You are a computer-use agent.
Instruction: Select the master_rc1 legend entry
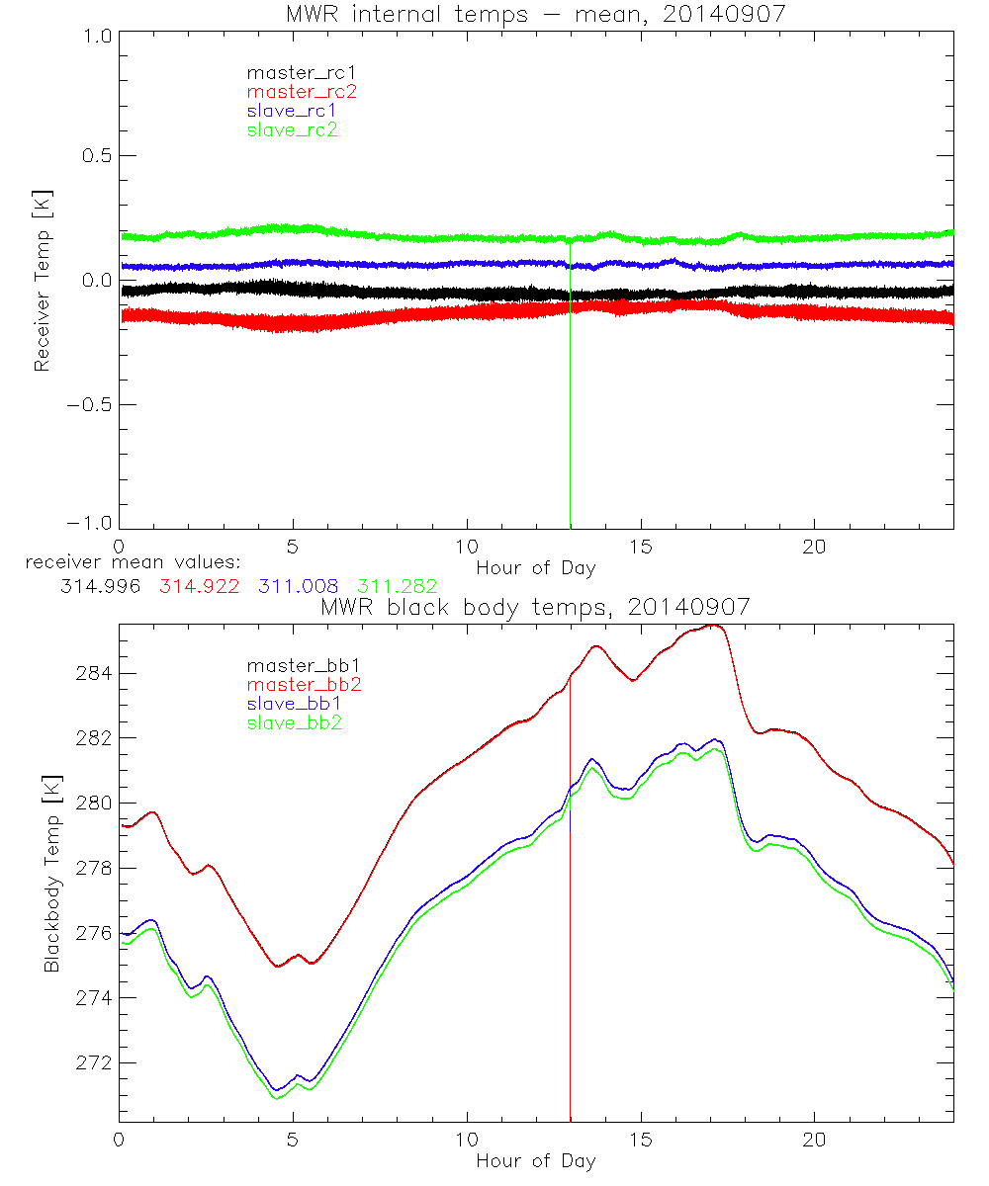click(292, 72)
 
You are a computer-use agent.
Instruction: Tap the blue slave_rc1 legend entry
click(292, 110)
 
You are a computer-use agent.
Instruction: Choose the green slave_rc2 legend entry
click(292, 128)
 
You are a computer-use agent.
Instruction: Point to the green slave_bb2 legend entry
click(292, 723)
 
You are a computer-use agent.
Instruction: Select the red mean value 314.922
click(196, 586)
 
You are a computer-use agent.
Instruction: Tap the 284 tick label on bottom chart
click(95, 673)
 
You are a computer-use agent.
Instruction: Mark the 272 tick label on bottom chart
click(95, 1062)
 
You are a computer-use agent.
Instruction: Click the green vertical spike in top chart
click(571, 395)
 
